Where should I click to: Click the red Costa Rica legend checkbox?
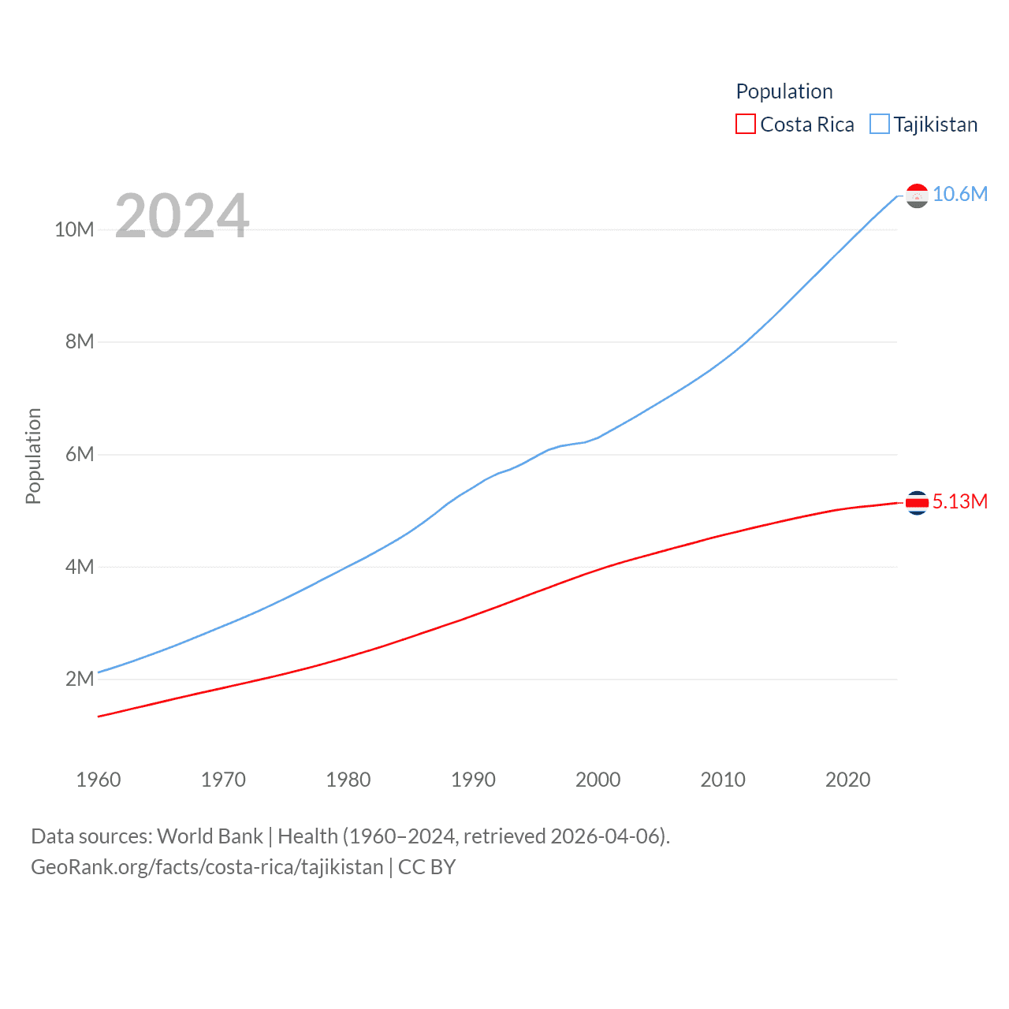point(745,125)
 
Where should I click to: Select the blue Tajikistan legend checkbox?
point(880,125)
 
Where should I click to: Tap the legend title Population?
point(784,91)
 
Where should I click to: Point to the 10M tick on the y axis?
point(74,229)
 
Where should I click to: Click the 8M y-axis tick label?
point(80,341)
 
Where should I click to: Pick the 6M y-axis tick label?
point(80,454)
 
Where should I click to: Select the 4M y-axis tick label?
point(80,567)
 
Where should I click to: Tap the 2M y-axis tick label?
point(80,679)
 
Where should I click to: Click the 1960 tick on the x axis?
point(99,780)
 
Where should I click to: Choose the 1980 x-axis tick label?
point(348,780)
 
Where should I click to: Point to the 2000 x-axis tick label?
point(598,780)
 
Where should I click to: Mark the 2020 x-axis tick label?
point(847,780)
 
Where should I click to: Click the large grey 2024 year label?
point(182,216)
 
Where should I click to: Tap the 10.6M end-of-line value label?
point(959,194)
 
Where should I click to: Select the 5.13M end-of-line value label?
point(959,501)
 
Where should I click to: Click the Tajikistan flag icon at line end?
point(917,195)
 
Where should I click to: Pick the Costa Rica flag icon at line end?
point(917,502)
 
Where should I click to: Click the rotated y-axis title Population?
point(33,456)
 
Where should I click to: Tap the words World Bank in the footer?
point(210,836)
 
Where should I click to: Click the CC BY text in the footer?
point(426,867)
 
